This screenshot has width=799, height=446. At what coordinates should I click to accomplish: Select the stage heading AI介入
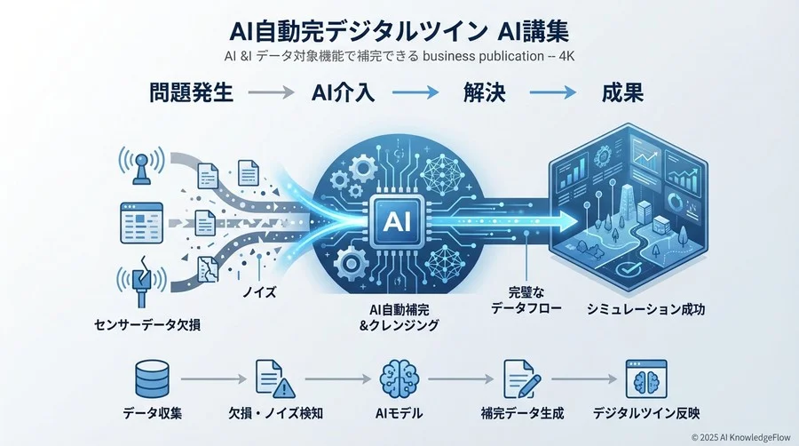coord(344,92)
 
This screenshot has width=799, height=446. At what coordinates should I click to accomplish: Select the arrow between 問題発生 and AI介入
coord(270,92)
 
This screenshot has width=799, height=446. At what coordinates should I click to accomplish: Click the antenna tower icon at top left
coord(140,165)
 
